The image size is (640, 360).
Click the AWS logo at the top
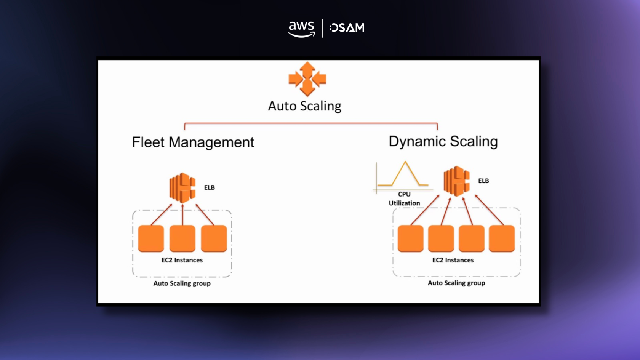click(301, 29)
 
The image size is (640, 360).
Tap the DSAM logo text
click(347, 28)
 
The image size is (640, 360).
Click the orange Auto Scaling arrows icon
click(307, 79)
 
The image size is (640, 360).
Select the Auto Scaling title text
click(304, 106)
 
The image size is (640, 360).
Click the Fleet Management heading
click(193, 142)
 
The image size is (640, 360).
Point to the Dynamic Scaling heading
click(443, 141)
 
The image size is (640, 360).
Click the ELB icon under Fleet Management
click(182, 187)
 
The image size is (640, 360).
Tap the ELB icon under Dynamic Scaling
click(456, 181)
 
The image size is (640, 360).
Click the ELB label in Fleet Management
click(209, 187)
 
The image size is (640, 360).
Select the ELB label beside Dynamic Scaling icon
click(483, 181)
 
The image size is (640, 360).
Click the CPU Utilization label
click(404, 198)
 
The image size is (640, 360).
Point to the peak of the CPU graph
click(405, 162)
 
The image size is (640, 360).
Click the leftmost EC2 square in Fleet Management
click(151, 238)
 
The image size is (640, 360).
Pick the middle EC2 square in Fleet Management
click(182, 238)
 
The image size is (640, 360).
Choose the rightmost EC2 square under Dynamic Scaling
click(502, 238)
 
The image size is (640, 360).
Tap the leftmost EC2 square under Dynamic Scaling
click(410, 238)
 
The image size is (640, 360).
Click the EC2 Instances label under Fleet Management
click(182, 260)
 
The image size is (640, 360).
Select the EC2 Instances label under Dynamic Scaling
click(453, 260)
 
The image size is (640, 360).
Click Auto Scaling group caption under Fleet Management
click(182, 283)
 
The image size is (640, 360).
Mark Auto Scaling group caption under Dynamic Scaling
click(456, 283)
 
